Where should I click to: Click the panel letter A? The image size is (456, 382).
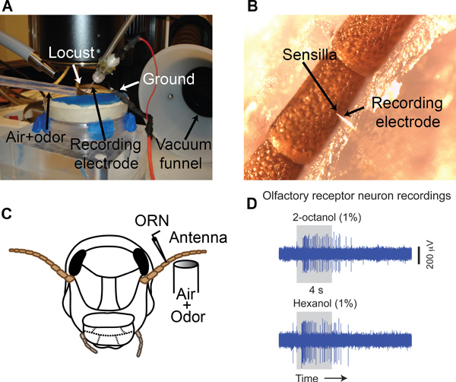pyautogui.click(x=10, y=10)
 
